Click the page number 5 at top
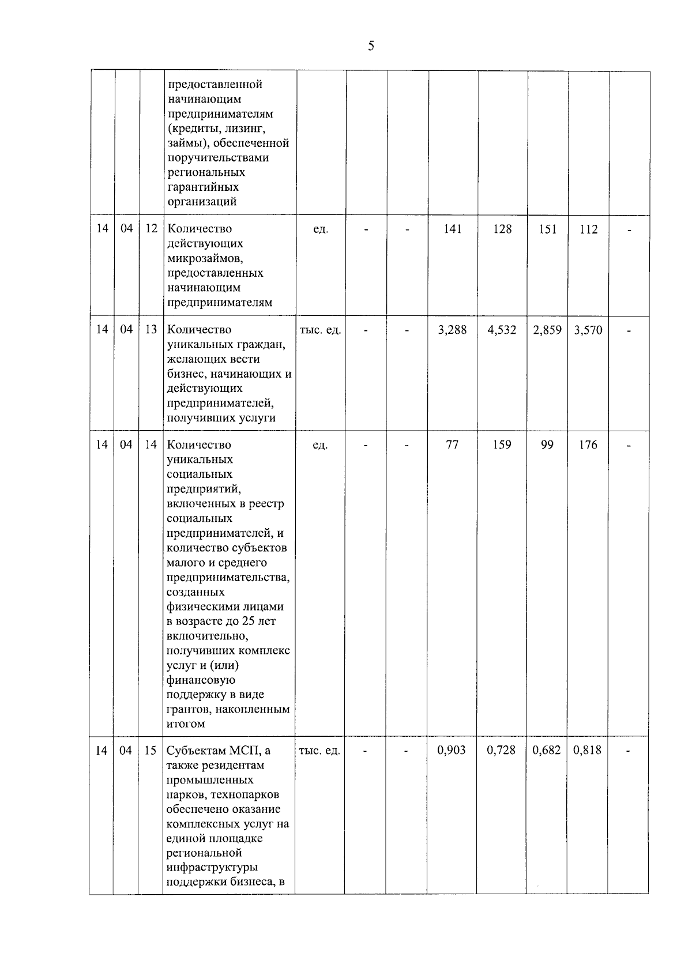coord(371,46)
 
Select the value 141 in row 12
coord(453,229)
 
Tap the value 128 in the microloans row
coord(502,229)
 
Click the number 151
coord(547,229)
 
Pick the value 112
coord(589,229)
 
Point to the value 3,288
coord(453,330)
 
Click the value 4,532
coord(502,330)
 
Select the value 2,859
coord(547,330)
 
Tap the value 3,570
coord(588,330)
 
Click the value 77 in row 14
coord(453,445)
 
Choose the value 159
coord(502,445)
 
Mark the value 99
coord(547,445)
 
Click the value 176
coord(588,445)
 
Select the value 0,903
coord(452,750)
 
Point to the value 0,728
coord(501,750)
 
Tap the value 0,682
coord(547,750)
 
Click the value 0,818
coord(588,750)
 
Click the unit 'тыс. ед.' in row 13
coord(321,330)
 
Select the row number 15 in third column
coord(151,751)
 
